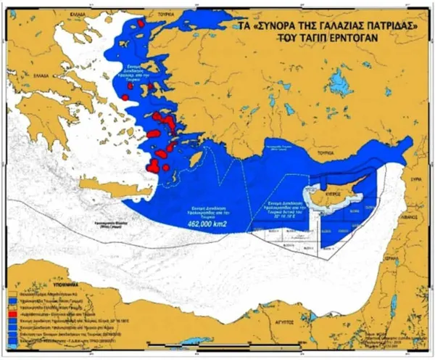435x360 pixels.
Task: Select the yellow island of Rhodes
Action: pyautogui.click(x=195, y=157)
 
